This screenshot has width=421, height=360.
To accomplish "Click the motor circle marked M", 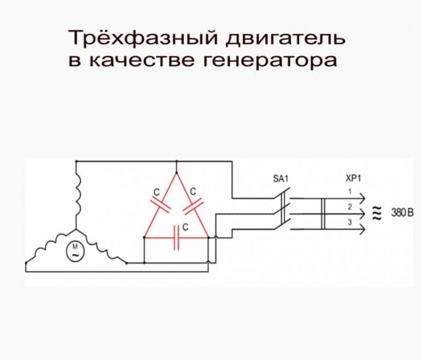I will pos(74,251).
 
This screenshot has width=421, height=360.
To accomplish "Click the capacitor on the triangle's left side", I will pos(160,204).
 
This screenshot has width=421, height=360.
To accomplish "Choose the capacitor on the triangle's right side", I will pos(193,204).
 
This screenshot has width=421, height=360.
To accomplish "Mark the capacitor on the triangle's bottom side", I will pos(177,238).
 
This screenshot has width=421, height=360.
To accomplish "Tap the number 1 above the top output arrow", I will pos(349,192).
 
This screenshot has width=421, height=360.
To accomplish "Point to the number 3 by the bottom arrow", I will pos(349,222).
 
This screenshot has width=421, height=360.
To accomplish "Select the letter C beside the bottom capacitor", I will pos(186,227).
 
